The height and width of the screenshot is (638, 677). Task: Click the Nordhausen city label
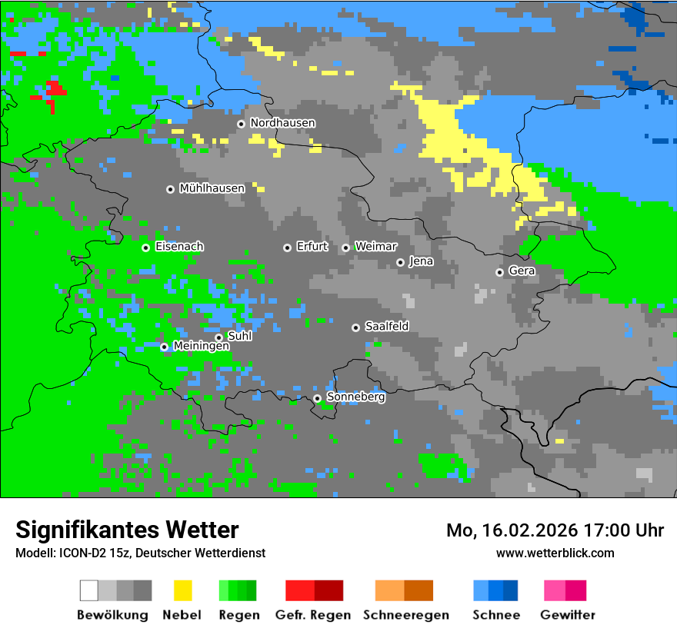(x=282, y=123)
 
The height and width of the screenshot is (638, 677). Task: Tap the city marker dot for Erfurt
(x=287, y=248)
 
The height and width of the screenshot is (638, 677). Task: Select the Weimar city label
(x=375, y=247)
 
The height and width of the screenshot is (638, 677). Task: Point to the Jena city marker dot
(x=400, y=262)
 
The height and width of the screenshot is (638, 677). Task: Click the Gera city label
(x=522, y=271)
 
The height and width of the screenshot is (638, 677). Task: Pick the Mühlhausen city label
(x=212, y=188)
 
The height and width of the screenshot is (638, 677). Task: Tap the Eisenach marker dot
(x=145, y=248)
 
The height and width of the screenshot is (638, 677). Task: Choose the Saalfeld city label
(x=386, y=327)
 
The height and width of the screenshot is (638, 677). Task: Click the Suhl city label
(x=240, y=336)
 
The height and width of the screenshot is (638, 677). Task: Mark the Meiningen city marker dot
(x=164, y=347)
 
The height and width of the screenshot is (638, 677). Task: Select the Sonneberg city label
(x=355, y=397)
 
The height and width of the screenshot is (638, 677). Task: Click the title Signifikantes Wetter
(x=127, y=530)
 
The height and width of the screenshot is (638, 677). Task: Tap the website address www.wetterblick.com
(x=555, y=553)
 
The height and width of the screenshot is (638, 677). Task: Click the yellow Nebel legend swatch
(x=182, y=590)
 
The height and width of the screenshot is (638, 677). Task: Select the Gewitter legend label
(x=567, y=615)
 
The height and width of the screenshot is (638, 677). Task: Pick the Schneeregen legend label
(x=405, y=615)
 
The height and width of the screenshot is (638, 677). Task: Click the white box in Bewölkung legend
(x=89, y=590)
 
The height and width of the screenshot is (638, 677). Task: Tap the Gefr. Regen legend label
(x=312, y=615)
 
